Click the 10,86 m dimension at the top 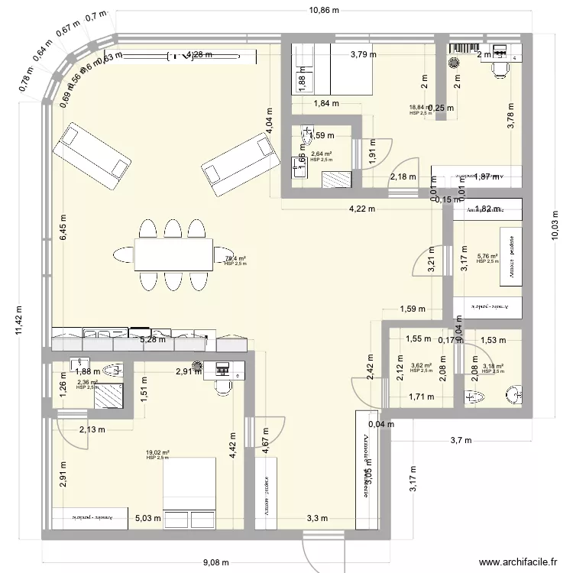point(325,11)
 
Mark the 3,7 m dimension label point(461,440)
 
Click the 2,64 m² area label point(321,154)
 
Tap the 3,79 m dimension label point(364,54)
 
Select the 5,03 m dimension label point(148,518)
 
